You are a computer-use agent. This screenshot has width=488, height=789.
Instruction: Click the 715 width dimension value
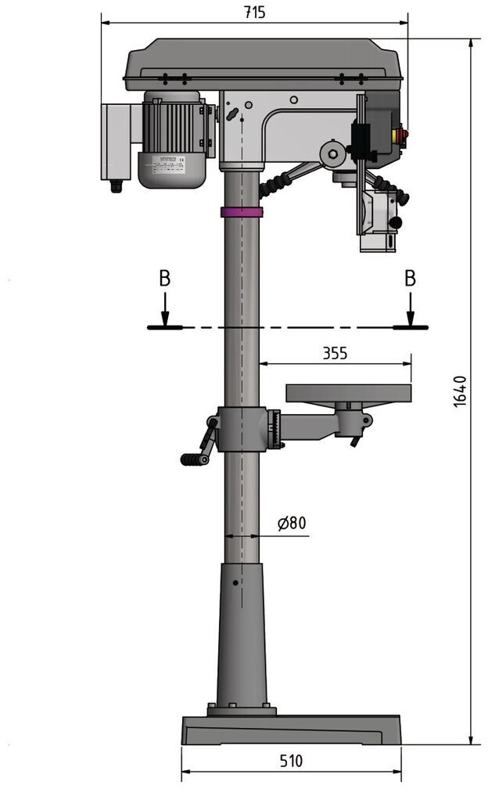[255, 12]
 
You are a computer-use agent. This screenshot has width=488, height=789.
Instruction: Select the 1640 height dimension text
[461, 391]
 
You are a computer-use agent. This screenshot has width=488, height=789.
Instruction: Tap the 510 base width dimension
[290, 761]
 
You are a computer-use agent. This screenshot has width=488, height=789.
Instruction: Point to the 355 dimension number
[335, 353]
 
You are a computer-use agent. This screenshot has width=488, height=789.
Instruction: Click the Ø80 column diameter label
[292, 522]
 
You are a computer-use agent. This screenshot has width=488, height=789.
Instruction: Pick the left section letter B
[164, 278]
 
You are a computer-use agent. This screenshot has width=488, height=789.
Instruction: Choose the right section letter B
[410, 278]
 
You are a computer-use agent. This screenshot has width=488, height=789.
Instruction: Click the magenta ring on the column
[241, 211]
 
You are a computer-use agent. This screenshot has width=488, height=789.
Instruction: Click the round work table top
[348, 392]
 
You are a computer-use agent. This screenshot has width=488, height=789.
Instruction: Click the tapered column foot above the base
[242, 634]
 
